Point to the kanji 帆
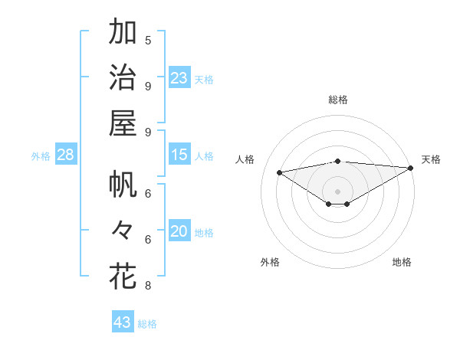(123, 185)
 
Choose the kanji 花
(123, 276)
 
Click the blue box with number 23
(179, 78)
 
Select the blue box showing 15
(179, 155)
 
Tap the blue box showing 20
(179, 232)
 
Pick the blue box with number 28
(66, 155)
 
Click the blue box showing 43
(123, 322)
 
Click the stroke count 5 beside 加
(148, 40)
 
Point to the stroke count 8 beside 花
(148, 286)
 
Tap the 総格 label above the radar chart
(337, 100)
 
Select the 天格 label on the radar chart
(431, 159)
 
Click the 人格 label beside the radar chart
(245, 159)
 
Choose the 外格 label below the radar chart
(270, 262)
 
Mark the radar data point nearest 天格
(410, 167)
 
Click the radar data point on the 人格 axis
(279, 172)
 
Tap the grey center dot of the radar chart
(337, 191)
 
